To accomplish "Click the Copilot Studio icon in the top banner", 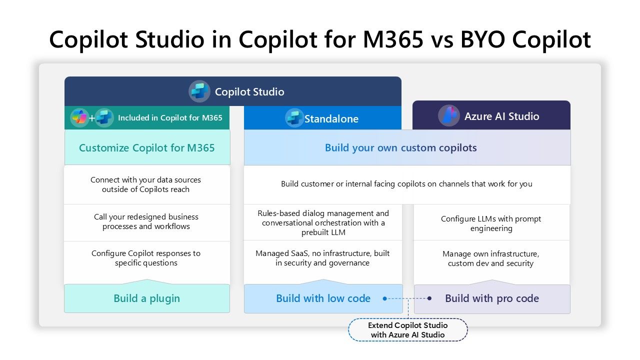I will coord(199,91).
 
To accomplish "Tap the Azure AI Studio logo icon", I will coord(448,116).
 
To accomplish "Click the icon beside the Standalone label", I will coord(294,118).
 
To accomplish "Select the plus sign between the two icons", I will coord(92,118).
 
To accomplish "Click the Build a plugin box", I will coord(146,298).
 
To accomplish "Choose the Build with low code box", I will coord(323,298).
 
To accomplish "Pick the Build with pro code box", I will coord(491,298).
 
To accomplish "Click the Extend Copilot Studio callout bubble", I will coord(407,330).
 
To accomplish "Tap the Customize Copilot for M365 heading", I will coord(146,147).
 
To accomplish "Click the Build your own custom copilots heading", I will coord(400,147).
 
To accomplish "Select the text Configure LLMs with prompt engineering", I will coord(491,223).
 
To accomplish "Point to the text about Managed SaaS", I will coord(322,258).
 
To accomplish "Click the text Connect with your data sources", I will coord(145,184).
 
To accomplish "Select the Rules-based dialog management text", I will coord(323,222).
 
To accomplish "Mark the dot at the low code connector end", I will coord(385,298).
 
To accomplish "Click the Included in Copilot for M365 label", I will coord(170,118).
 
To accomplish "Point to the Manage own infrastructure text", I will coord(490,258).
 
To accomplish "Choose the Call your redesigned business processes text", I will coord(146,221).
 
